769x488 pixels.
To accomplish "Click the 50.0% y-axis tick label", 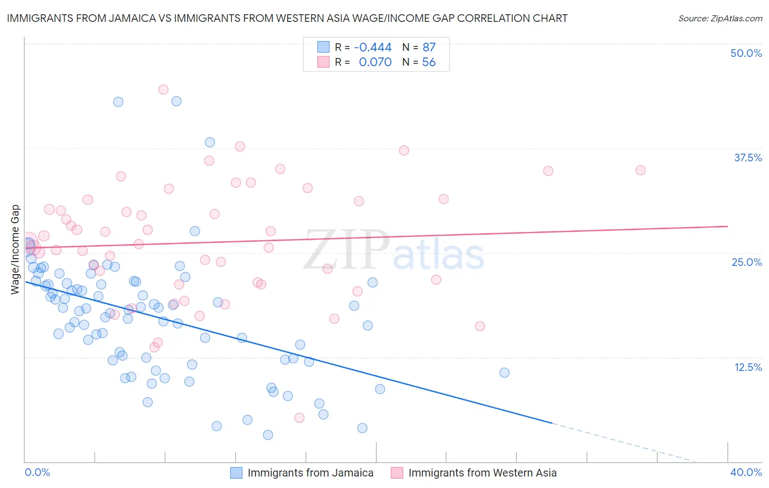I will (746, 53).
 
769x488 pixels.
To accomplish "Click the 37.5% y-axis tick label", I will (748, 158).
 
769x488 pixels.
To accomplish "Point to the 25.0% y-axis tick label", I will (747, 262).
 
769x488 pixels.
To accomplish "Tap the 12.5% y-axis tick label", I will (748, 367).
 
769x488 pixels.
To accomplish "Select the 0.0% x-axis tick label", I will (37, 472).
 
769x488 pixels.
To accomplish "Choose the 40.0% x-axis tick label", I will (746, 472).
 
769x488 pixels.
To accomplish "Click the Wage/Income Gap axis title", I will (15, 249).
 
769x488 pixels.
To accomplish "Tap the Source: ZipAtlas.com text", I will (720, 18).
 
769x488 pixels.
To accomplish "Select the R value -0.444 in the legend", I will (372, 47).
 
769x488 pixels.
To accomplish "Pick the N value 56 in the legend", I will (429, 62).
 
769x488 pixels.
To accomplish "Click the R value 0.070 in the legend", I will (375, 62).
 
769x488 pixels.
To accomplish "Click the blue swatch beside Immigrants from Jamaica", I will (236, 473).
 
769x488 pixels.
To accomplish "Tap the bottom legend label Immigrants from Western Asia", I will (482, 473).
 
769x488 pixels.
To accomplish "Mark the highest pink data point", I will (163, 90).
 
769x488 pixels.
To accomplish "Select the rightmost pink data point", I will (640, 170).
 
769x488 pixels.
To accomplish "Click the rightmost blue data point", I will (504, 373).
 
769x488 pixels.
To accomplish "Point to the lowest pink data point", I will (299, 418).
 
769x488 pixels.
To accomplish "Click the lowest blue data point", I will (268, 435).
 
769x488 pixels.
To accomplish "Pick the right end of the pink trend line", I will (728, 226).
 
